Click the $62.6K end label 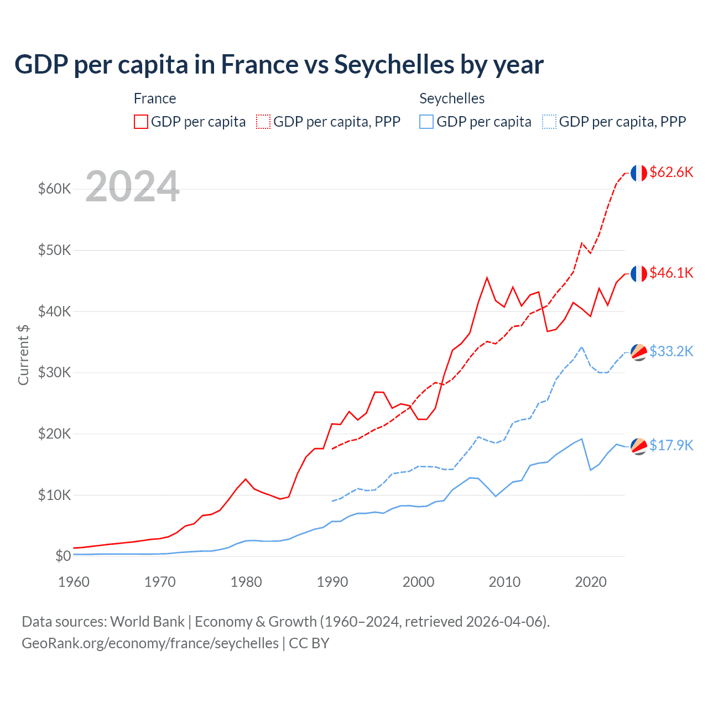click(671, 172)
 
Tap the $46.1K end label click(671, 273)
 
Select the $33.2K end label click(671, 351)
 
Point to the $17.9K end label click(671, 445)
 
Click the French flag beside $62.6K click(639, 173)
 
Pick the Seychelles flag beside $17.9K click(639, 446)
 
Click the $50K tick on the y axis click(55, 250)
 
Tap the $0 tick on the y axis click(63, 556)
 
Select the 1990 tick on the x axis click(332, 582)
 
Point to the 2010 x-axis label click(504, 582)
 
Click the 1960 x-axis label click(74, 582)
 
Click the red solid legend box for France click(141, 122)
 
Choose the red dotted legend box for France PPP click(263, 122)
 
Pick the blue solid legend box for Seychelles click(426, 122)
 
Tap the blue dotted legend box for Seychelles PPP click(549, 122)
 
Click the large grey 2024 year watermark click(133, 186)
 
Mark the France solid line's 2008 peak click(487, 278)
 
